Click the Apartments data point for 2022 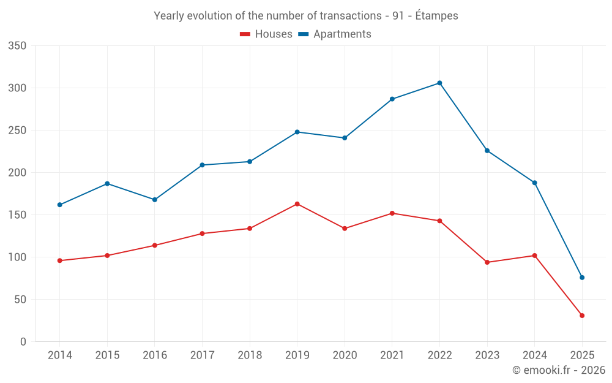pyautogui.click(x=439, y=83)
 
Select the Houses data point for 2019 pyautogui.click(x=297, y=203)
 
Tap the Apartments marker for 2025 pyautogui.click(x=582, y=278)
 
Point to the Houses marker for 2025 pyautogui.click(x=582, y=316)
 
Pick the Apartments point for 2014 pyautogui.click(x=59, y=205)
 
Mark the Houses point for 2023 pyautogui.click(x=487, y=262)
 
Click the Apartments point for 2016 pyautogui.click(x=154, y=200)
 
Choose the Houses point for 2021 pyautogui.click(x=392, y=213)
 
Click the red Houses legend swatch pyautogui.click(x=245, y=34)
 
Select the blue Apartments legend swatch pyautogui.click(x=303, y=34)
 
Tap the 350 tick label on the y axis pyautogui.click(x=18, y=46)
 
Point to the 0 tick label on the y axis pyautogui.click(x=23, y=342)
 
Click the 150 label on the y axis pyautogui.click(x=18, y=215)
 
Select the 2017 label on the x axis pyautogui.click(x=202, y=355)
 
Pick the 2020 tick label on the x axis pyautogui.click(x=345, y=355)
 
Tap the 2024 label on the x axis pyautogui.click(x=534, y=355)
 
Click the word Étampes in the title pyautogui.click(x=436, y=16)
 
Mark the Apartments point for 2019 pyautogui.click(x=297, y=132)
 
